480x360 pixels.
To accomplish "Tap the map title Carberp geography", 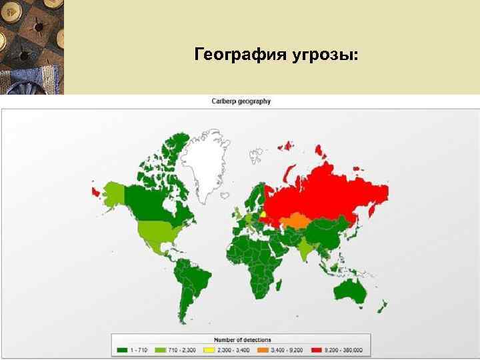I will click(x=241, y=101).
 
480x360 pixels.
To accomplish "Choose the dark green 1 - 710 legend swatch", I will click(x=121, y=349).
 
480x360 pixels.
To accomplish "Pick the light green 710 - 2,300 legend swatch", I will click(x=161, y=349).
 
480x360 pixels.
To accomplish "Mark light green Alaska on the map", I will click(x=113, y=194).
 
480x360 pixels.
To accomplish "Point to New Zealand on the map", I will click(x=383, y=307).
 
